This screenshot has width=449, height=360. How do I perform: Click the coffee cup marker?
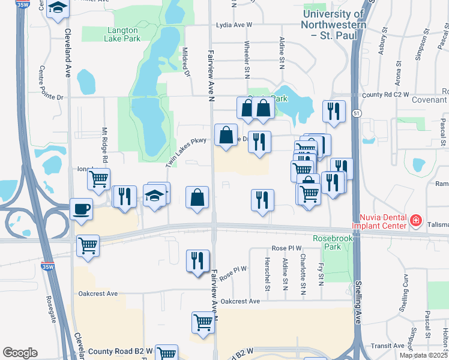click(x=82, y=209)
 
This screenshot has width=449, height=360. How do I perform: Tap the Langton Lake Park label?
click(x=112, y=34)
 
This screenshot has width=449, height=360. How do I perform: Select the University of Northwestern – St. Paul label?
click(x=334, y=25)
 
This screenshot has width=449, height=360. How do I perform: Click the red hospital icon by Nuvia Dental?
click(x=414, y=221)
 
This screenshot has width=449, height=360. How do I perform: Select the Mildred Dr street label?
click(x=185, y=62)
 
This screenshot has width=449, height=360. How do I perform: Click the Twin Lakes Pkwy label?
click(x=186, y=150)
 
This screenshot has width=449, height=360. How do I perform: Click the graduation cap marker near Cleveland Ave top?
click(x=58, y=8)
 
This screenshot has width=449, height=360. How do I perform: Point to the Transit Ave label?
click(x=388, y=346)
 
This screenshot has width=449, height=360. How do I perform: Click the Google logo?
click(x=20, y=353)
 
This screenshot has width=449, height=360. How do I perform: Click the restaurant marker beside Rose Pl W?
click(x=197, y=261)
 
